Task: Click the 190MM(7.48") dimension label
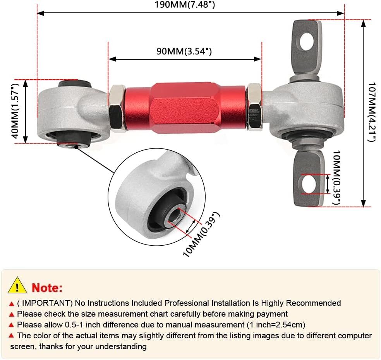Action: click(185, 5)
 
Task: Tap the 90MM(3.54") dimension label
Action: click(184, 51)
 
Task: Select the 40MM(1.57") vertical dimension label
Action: click(15, 111)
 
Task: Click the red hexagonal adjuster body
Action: click(185, 107)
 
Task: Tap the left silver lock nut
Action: click(117, 108)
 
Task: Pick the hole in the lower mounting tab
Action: click(309, 184)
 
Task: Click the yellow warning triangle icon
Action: click(17, 285)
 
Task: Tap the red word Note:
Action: click(47, 288)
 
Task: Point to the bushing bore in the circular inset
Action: click(175, 215)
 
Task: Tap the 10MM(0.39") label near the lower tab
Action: click(337, 177)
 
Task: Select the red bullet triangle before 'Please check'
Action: click(11, 315)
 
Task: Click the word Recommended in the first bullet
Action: click(314, 303)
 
